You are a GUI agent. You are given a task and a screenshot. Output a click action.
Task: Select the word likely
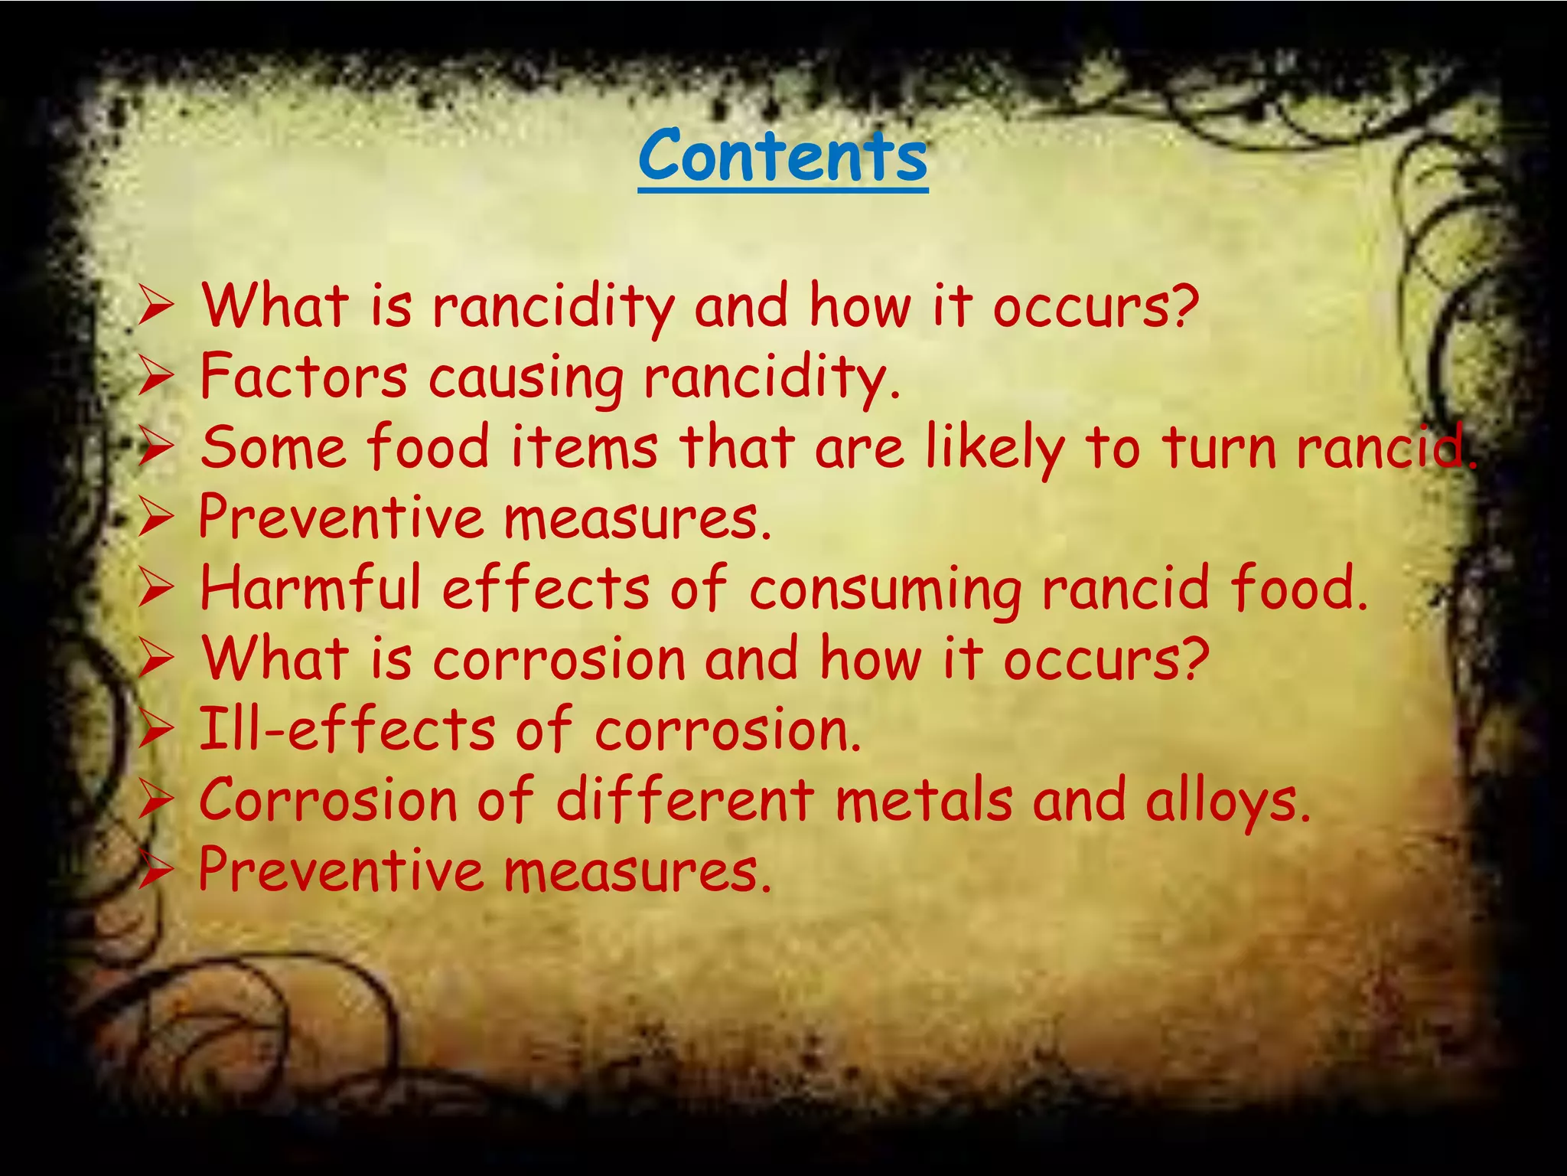pos(995,449)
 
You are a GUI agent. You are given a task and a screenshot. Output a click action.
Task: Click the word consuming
pos(885,590)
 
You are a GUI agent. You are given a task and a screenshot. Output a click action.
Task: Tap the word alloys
pos(1228,801)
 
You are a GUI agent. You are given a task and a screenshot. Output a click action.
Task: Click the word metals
pos(924,799)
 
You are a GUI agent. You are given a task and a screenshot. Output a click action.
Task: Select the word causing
pos(526,378)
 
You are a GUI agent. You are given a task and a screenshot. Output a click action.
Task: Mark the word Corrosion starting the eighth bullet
pos(328,799)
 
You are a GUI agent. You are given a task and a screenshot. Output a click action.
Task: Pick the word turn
pos(1220,447)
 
